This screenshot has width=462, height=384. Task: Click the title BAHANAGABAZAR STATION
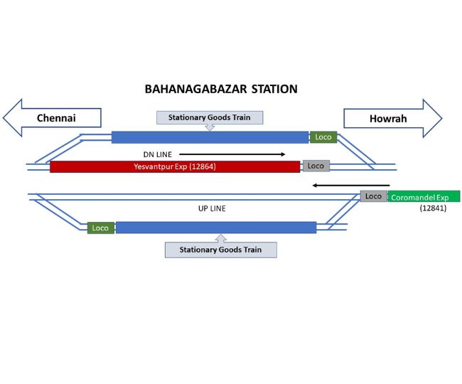click(x=221, y=90)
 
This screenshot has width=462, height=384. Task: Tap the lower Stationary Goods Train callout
click(x=220, y=249)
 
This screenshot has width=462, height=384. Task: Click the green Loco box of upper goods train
click(x=323, y=137)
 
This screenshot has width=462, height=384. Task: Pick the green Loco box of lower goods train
click(x=101, y=228)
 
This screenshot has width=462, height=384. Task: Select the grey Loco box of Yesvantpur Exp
click(x=316, y=166)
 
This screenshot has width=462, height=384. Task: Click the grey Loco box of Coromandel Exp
click(x=374, y=196)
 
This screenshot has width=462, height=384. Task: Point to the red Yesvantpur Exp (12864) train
click(x=175, y=166)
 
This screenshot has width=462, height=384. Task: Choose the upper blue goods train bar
click(x=210, y=137)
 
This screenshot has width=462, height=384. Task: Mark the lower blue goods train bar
click(x=215, y=228)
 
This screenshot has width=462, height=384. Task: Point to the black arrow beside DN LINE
click(x=232, y=154)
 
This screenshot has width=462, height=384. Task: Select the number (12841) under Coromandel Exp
click(x=433, y=208)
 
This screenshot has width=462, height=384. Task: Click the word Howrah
click(x=388, y=118)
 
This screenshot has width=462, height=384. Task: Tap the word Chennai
click(x=56, y=118)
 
